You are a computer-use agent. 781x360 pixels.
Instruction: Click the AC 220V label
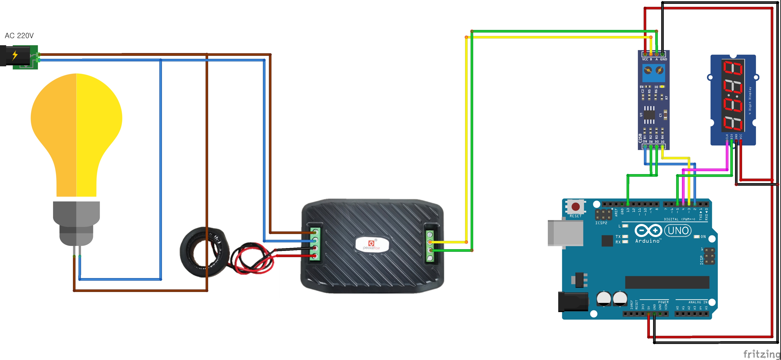(19, 36)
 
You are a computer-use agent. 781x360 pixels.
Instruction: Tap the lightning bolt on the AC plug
(15, 55)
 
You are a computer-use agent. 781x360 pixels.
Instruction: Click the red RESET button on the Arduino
(575, 207)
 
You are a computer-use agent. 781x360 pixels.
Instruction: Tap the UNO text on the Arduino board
(678, 231)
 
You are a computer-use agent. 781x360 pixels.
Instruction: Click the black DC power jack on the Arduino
(573, 302)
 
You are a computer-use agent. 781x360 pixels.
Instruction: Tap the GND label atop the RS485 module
(663, 59)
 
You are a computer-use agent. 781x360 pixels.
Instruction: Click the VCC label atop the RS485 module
(645, 59)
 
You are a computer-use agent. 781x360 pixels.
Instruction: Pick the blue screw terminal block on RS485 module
(654, 73)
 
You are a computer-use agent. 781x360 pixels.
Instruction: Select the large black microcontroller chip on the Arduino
(667, 282)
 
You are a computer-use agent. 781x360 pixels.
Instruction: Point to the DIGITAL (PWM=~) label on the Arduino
(679, 219)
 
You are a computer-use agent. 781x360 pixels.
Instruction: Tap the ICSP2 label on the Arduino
(601, 223)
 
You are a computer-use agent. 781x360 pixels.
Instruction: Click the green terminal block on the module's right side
(430, 246)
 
